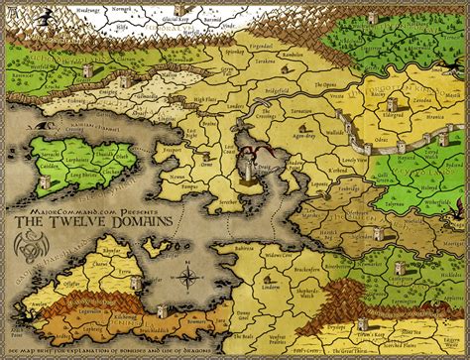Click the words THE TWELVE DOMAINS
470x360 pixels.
[x=97, y=222]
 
